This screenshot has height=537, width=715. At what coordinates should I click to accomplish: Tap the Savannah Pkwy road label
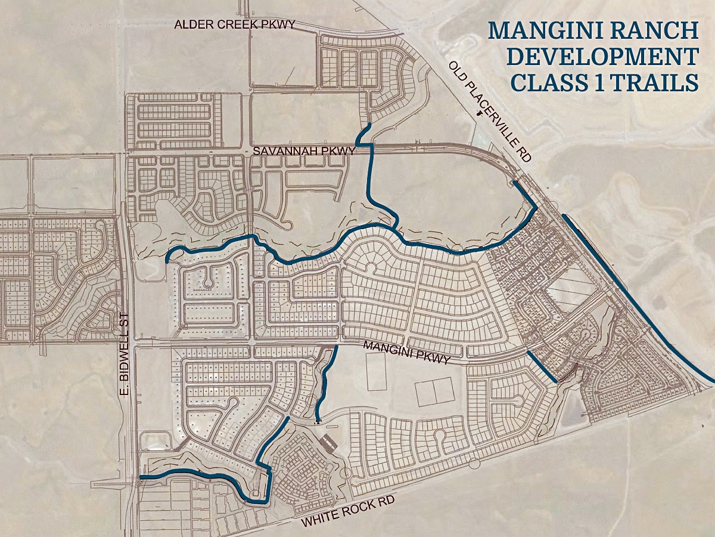click(304, 152)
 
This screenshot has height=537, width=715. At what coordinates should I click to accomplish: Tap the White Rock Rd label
click(348, 513)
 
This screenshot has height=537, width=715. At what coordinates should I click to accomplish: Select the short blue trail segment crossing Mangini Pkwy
click(542, 366)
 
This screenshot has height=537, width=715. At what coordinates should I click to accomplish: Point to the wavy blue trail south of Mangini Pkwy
click(325, 382)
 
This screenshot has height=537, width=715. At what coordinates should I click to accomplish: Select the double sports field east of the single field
click(434, 392)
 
